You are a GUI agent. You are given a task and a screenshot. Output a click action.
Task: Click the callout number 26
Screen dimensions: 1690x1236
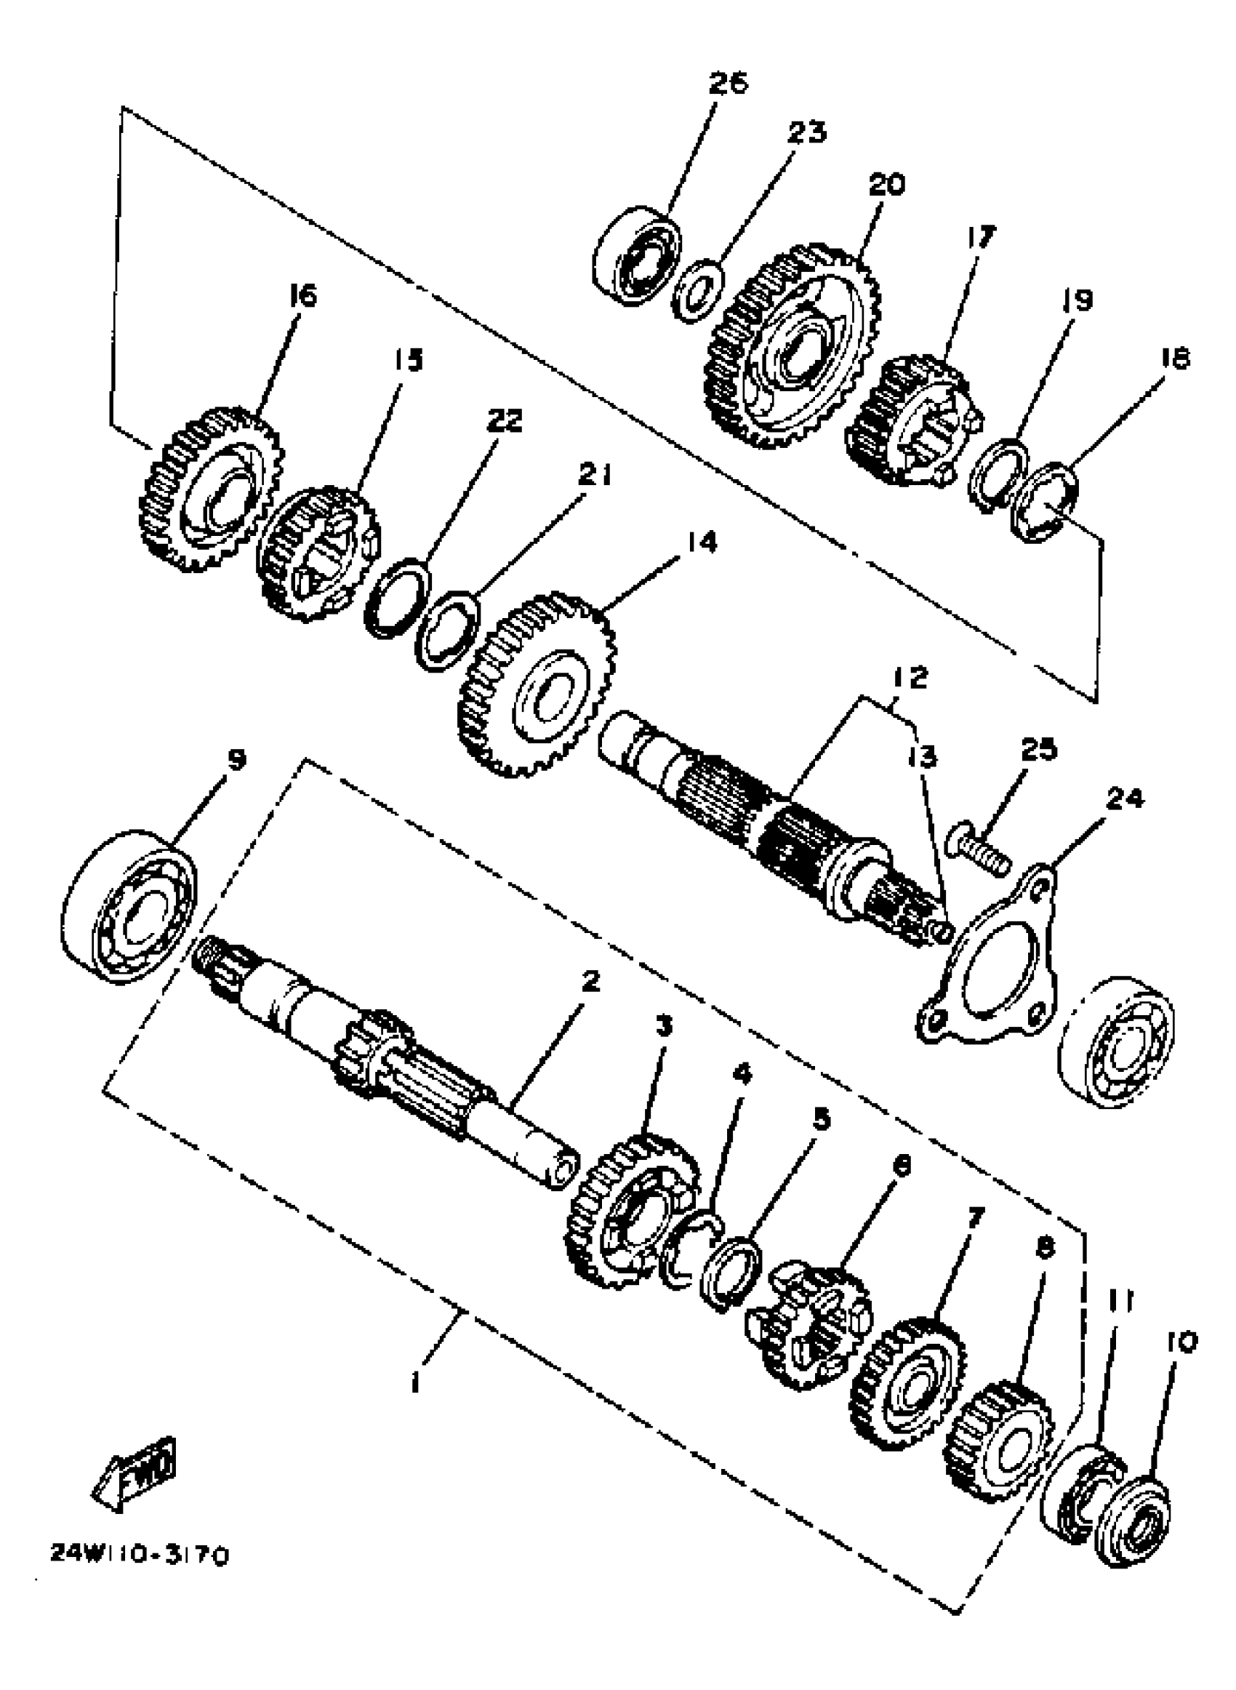pos(727,83)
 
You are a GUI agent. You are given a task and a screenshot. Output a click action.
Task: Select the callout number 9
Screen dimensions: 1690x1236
pos(236,760)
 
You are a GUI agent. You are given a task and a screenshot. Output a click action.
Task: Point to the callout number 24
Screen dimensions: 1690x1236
pos(1125,799)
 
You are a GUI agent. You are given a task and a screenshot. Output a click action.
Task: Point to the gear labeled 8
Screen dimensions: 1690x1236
pos(999,1440)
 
